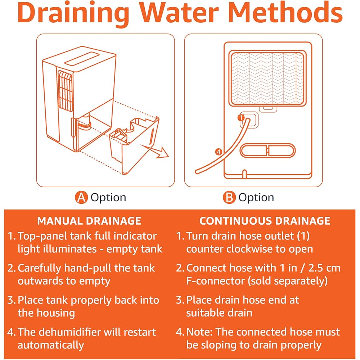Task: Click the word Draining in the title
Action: point(73,14)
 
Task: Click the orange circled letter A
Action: point(81,197)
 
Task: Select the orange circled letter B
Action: point(229,197)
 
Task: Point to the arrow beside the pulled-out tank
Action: point(155,151)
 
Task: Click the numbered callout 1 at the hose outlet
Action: point(241,118)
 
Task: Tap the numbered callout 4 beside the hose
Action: point(219,152)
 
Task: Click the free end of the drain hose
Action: point(197,171)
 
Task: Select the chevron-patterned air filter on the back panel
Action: point(267,78)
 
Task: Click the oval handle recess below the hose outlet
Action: point(267,150)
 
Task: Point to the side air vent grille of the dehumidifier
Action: point(66,91)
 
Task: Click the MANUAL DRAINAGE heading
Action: point(89,221)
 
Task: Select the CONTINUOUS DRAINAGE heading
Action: point(265,221)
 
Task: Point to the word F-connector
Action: point(215,281)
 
